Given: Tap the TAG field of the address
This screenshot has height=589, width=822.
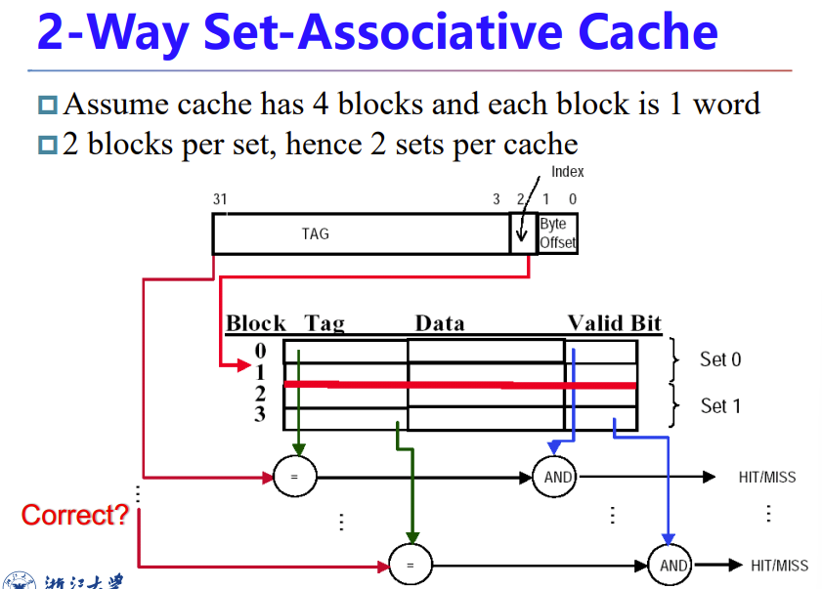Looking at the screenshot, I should click(x=315, y=233).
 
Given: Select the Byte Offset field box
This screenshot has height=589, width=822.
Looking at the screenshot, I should click(x=557, y=233).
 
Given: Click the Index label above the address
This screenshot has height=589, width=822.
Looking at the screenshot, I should click(x=567, y=172).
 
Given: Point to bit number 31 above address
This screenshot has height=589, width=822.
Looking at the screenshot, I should click(x=220, y=199).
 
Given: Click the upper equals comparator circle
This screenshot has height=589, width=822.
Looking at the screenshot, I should click(x=293, y=477).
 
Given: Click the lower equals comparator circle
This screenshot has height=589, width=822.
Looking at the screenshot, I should click(x=411, y=565).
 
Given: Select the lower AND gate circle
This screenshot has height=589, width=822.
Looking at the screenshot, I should click(x=673, y=565).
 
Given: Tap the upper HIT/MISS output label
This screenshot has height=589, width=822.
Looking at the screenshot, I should click(x=767, y=478).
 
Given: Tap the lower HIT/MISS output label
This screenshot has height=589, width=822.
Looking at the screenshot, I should click(x=779, y=566).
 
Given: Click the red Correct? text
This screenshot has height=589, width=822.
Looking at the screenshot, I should click(x=74, y=515).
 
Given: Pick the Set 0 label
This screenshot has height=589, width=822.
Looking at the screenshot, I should click(x=720, y=359).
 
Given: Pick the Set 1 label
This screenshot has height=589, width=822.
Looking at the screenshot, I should click(x=720, y=405).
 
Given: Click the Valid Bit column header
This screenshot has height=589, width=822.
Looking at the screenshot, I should click(x=614, y=323).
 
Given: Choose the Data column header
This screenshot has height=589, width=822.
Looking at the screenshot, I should click(x=439, y=323).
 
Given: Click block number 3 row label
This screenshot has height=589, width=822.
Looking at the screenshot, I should click(x=260, y=415).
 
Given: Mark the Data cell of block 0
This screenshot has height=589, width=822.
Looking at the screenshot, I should click(x=485, y=351).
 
